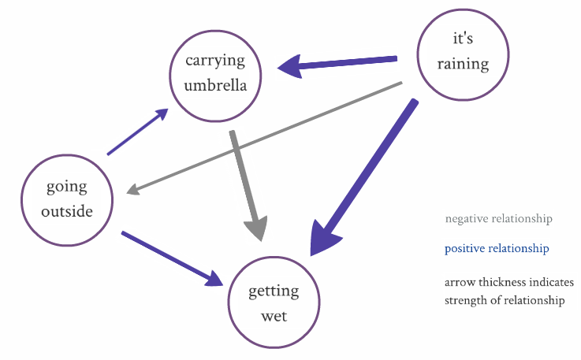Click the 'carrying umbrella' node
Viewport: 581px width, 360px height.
[215, 74]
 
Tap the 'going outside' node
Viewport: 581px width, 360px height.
[68, 199]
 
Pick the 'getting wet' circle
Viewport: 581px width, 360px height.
[274, 302]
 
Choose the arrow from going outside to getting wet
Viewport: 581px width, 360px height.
[169, 257]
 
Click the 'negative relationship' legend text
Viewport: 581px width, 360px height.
[498, 219]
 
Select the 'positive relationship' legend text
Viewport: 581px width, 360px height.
[496, 249]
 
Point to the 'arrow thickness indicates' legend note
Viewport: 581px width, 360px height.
[508, 283]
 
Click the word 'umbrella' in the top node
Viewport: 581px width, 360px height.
[215, 85]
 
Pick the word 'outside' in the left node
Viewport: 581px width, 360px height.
[68, 211]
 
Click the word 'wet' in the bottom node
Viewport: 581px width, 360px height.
[274, 315]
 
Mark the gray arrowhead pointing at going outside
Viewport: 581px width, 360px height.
[133, 190]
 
